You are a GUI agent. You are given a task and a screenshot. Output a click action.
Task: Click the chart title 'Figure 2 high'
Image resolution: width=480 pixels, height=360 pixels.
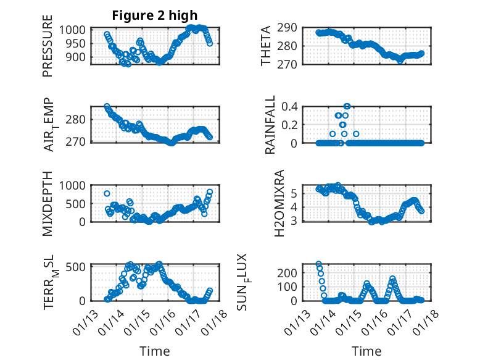(155, 15)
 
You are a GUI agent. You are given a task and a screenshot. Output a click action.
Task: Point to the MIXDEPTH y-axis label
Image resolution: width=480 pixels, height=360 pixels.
(48, 204)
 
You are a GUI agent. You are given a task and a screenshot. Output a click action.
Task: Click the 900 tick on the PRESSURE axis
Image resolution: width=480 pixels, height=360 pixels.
(79, 56)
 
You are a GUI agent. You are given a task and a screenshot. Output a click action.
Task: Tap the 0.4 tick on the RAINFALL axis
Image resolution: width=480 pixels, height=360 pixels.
(291, 106)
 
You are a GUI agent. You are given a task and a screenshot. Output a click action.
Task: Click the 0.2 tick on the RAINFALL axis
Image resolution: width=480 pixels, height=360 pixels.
(291, 124)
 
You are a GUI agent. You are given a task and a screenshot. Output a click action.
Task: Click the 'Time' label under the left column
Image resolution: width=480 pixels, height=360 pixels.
(154, 351)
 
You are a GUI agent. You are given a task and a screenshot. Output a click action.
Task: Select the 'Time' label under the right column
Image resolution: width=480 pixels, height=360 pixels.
(366, 351)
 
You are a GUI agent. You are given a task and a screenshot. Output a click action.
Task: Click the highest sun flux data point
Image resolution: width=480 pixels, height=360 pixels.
(319, 264)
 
